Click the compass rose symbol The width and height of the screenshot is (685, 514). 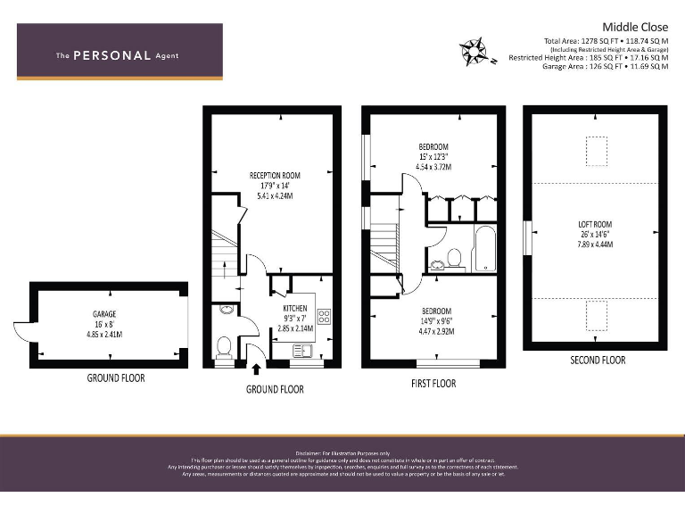(475, 52)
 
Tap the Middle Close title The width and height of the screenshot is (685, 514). (630, 27)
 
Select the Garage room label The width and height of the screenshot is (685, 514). (105, 314)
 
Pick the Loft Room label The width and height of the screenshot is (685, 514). (596, 224)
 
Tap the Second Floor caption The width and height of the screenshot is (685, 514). (597, 361)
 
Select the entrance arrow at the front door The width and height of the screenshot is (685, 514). (258, 369)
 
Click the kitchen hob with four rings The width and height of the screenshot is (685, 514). (323, 319)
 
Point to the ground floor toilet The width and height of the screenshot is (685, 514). (225, 344)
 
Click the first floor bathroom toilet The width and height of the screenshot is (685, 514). (453, 259)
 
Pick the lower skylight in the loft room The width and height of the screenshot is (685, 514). (596, 315)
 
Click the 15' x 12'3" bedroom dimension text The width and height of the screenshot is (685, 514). (433, 156)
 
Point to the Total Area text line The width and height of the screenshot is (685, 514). (605, 41)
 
